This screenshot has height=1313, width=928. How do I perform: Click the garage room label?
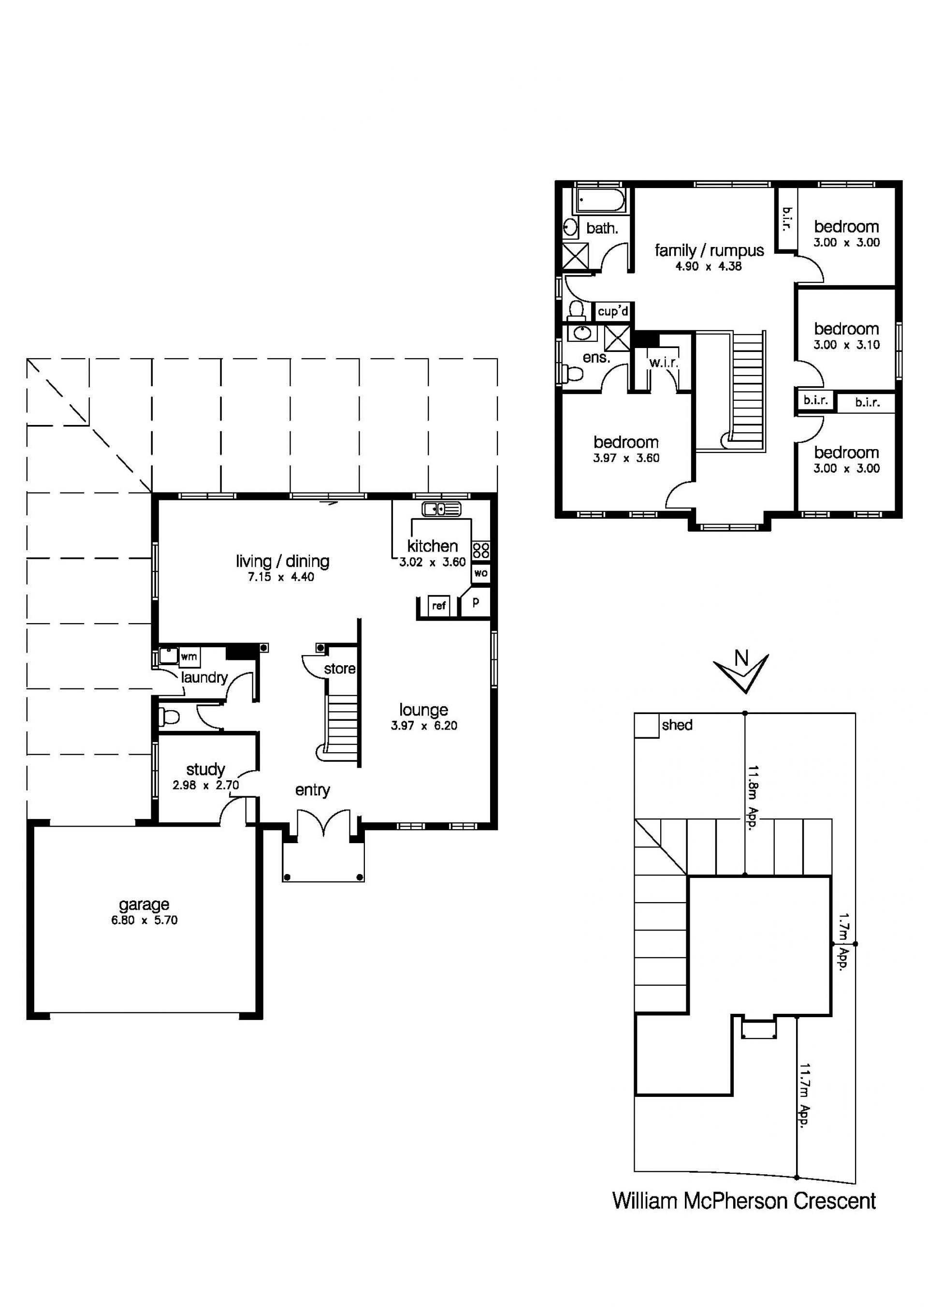coord(144,905)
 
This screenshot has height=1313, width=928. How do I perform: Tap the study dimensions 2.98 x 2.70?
coord(205,785)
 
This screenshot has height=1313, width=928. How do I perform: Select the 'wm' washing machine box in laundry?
coord(188,656)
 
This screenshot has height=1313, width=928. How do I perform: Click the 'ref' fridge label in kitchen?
coord(438,606)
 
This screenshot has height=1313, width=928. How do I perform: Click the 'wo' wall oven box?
coord(481,572)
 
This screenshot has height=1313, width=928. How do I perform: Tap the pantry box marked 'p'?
coord(475,602)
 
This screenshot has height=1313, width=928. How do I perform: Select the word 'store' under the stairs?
coord(340,669)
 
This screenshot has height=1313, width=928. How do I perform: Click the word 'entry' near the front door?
coord(312,791)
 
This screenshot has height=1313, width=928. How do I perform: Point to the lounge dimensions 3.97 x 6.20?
coord(424,726)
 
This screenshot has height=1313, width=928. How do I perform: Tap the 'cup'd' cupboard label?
coord(613,312)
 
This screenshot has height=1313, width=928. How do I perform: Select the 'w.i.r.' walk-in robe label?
coord(663,363)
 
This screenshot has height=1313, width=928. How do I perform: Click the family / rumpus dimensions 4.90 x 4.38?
coord(709,266)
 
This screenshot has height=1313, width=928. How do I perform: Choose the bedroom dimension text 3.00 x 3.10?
coord(846,345)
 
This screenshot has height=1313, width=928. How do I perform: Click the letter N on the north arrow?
coord(741,659)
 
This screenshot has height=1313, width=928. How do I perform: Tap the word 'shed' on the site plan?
coord(677,725)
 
